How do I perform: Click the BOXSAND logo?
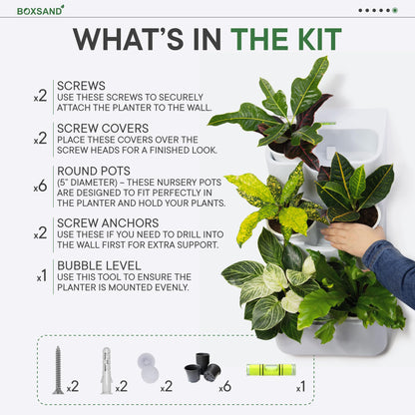pyautogui.click(x=40, y=10)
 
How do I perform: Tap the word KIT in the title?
pyautogui.click(x=319, y=40)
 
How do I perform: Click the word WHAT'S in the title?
pyautogui.click(x=128, y=40)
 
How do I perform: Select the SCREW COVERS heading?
pyautogui.click(x=103, y=129)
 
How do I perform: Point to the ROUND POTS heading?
pyautogui.click(x=94, y=171)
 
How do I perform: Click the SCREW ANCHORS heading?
pyautogui.click(x=108, y=222)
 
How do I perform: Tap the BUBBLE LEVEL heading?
pyautogui.click(x=99, y=265)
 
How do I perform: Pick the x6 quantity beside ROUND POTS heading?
pyautogui.click(x=40, y=187)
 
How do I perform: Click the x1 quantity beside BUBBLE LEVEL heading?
pyautogui.click(x=42, y=276)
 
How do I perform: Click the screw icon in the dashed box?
pyautogui.click(x=58, y=370)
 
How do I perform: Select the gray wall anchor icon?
pyautogui.click(x=106, y=370)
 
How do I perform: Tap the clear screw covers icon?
pyautogui.click(x=148, y=368)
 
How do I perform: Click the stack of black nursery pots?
pyautogui.click(x=203, y=367)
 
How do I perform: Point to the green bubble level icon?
pyautogui.click(x=270, y=369)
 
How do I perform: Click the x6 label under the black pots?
pyautogui.click(x=224, y=387)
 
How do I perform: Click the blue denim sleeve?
pyautogui.click(x=390, y=266)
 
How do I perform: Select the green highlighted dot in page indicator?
pyautogui.click(x=395, y=10)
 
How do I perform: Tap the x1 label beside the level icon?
pyautogui.click(x=300, y=387)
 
